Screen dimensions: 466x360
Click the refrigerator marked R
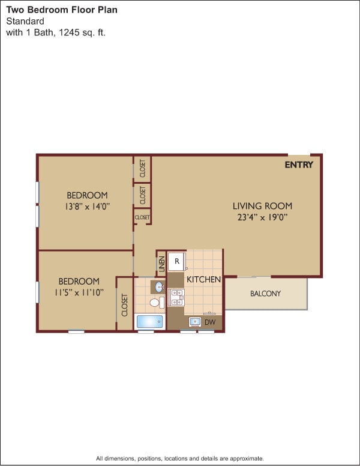176,261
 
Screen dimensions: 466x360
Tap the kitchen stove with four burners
176,298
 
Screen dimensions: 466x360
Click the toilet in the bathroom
155,302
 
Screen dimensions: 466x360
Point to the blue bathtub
149,322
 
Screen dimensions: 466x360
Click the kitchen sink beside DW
195,322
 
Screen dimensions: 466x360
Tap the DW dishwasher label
210,322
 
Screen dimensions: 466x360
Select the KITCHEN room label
204,279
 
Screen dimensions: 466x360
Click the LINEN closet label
161,263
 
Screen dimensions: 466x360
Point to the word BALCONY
265,294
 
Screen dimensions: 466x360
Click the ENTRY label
299,165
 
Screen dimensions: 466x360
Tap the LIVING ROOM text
262,206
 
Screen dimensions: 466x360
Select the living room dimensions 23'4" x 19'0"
262,217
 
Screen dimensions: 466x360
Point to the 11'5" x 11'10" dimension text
79,292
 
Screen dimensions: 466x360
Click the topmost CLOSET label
142,168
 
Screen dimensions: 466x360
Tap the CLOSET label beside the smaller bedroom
125,304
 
